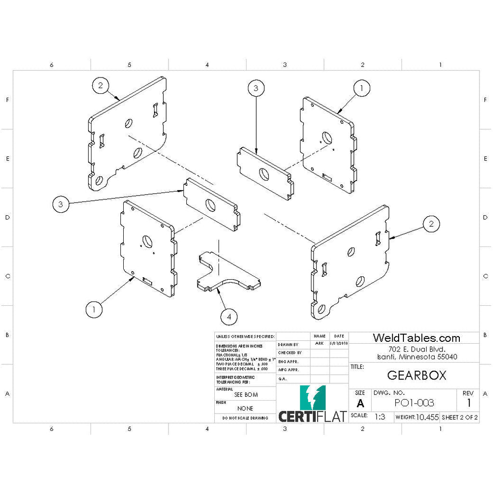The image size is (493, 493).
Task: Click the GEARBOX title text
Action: point(416,375)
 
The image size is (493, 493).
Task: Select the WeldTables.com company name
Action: point(416,338)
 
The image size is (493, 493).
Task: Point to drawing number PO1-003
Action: point(414,403)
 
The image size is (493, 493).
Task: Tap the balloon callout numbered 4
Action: point(229,316)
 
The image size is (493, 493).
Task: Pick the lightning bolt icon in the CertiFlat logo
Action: point(312,398)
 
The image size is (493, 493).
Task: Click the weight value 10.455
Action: point(427,417)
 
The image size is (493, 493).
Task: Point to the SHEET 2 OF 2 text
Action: point(459,417)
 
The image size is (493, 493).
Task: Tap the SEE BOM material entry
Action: point(246,395)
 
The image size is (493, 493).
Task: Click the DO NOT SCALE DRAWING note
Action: point(245,419)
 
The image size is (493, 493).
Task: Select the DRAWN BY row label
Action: point(288,345)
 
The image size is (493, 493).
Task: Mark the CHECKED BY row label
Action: point(290,353)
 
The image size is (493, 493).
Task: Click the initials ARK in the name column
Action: point(319,344)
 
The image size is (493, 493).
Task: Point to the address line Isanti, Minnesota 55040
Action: point(417,357)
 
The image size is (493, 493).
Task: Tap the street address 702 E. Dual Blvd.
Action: point(417,349)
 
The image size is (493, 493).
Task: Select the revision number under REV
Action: point(468,403)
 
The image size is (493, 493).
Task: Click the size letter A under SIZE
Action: point(360,403)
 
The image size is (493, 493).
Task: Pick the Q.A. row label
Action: point(283,379)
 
